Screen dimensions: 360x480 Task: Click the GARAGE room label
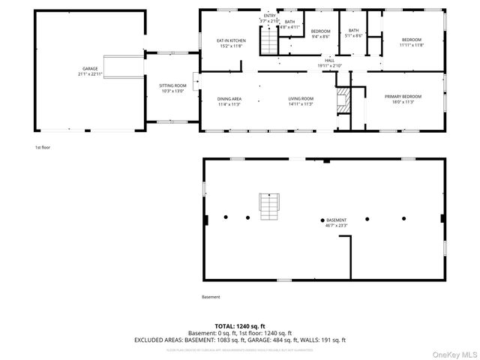pyautogui.click(x=80, y=69)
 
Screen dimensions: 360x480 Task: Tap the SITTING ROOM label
pyautogui.click(x=172, y=86)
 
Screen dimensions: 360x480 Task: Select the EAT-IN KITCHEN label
pyautogui.click(x=231, y=40)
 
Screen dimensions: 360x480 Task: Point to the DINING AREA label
pyautogui.click(x=229, y=99)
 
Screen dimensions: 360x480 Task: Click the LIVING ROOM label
pyautogui.click(x=301, y=99)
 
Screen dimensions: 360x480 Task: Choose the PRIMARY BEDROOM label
pyautogui.click(x=403, y=97)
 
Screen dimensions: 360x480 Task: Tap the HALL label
pyautogui.click(x=329, y=61)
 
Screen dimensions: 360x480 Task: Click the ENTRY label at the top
pyautogui.click(x=269, y=16)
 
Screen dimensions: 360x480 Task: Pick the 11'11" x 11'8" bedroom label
pyautogui.click(x=412, y=40)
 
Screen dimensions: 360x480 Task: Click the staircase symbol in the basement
pyautogui.click(x=268, y=205)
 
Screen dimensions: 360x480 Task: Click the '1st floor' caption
pyautogui.click(x=43, y=147)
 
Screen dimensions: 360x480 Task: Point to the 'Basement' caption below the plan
pyautogui.click(x=211, y=297)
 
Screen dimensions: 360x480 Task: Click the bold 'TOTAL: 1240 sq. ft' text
pyautogui.click(x=239, y=327)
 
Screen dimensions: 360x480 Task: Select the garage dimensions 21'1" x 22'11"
pyautogui.click(x=80, y=74)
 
